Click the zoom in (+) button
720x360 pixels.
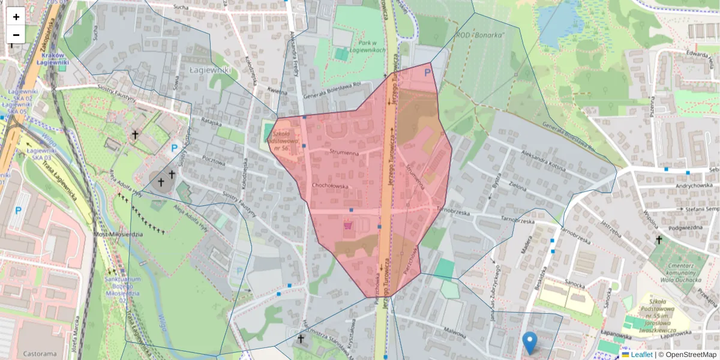coord(16,17)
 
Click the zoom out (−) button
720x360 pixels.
coord(16,35)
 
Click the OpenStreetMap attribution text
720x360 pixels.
coord(691,355)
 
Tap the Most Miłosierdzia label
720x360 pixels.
coord(118,234)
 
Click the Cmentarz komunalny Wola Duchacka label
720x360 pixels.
coord(680,272)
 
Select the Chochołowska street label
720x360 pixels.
coord(330,185)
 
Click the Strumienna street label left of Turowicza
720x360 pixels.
coord(344,153)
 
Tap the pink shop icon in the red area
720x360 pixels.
coord(348,227)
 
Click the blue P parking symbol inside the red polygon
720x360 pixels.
coord(427,73)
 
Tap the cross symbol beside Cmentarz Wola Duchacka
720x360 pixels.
coord(658,240)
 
